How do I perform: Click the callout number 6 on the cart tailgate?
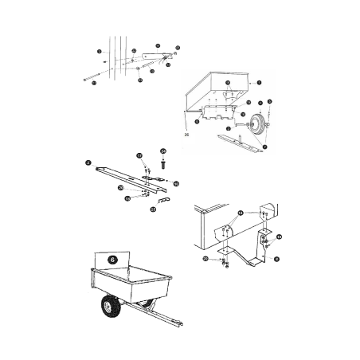click(112, 259)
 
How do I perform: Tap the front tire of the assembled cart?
click(109, 307)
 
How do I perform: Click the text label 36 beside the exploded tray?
click(186, 136)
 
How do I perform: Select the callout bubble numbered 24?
click(163, 150)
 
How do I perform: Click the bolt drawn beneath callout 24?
click(163, 165)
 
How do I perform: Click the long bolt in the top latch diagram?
click(112, 78)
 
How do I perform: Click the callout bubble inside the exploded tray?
click(227, 82)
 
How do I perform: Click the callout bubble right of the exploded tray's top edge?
click(259, 82)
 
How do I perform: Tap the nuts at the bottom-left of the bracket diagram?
click(225, 262)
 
